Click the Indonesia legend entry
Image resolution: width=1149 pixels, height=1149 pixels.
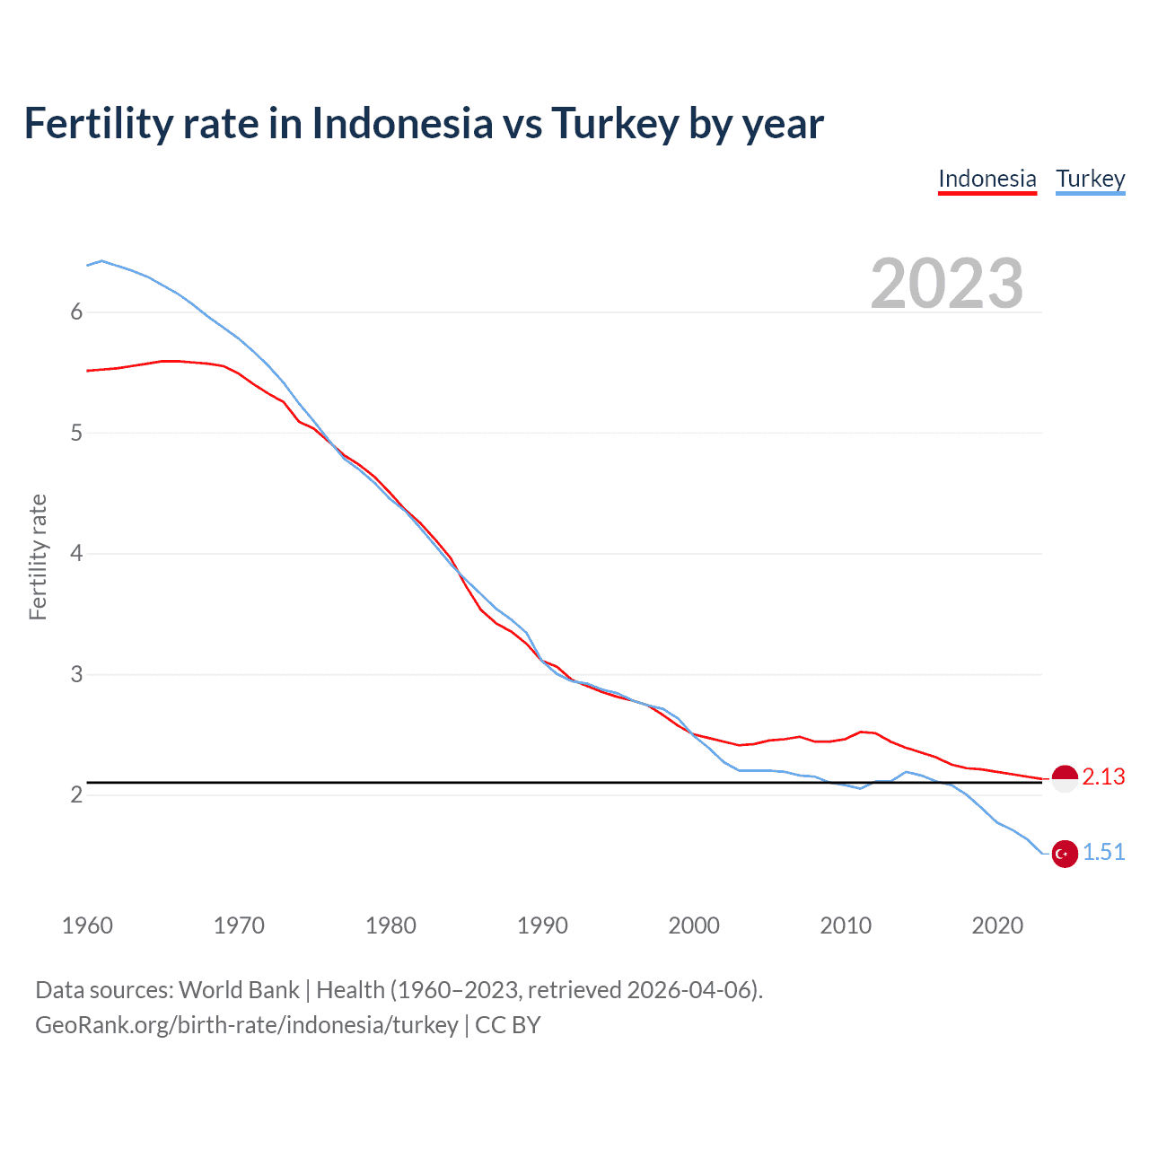(987, 179)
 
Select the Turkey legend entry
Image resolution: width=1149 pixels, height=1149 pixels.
(1090, 179)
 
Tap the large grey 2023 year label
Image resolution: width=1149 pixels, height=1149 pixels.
(947, 284)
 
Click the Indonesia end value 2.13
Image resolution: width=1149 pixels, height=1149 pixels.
(1103, 776)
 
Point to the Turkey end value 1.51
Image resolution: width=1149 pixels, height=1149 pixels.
(1103, 852)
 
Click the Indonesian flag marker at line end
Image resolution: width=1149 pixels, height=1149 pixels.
(1065, 779)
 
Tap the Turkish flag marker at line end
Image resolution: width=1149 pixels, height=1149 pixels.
(1065, 854)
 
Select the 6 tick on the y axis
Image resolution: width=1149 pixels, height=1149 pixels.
(76, 311)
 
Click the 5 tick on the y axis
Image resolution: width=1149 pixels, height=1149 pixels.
(76, 433)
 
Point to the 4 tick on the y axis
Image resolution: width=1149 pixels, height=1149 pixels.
(76, 553)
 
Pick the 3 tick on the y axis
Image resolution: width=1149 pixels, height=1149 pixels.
(76, 674)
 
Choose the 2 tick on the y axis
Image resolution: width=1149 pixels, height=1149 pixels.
(76, 794)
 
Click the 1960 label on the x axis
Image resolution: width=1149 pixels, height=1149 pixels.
(87, 925)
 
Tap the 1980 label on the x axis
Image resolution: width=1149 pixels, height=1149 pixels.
(390, 925)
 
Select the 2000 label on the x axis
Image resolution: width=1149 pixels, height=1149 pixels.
(694, 925)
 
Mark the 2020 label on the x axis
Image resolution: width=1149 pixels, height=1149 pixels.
(997, 925)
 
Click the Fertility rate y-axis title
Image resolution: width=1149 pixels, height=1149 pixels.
(38, 557)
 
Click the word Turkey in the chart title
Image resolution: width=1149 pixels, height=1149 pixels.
(614, 124)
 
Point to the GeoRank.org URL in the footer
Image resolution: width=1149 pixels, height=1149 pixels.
(247, 1025)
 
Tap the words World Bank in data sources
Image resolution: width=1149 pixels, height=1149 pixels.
(239, 990)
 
